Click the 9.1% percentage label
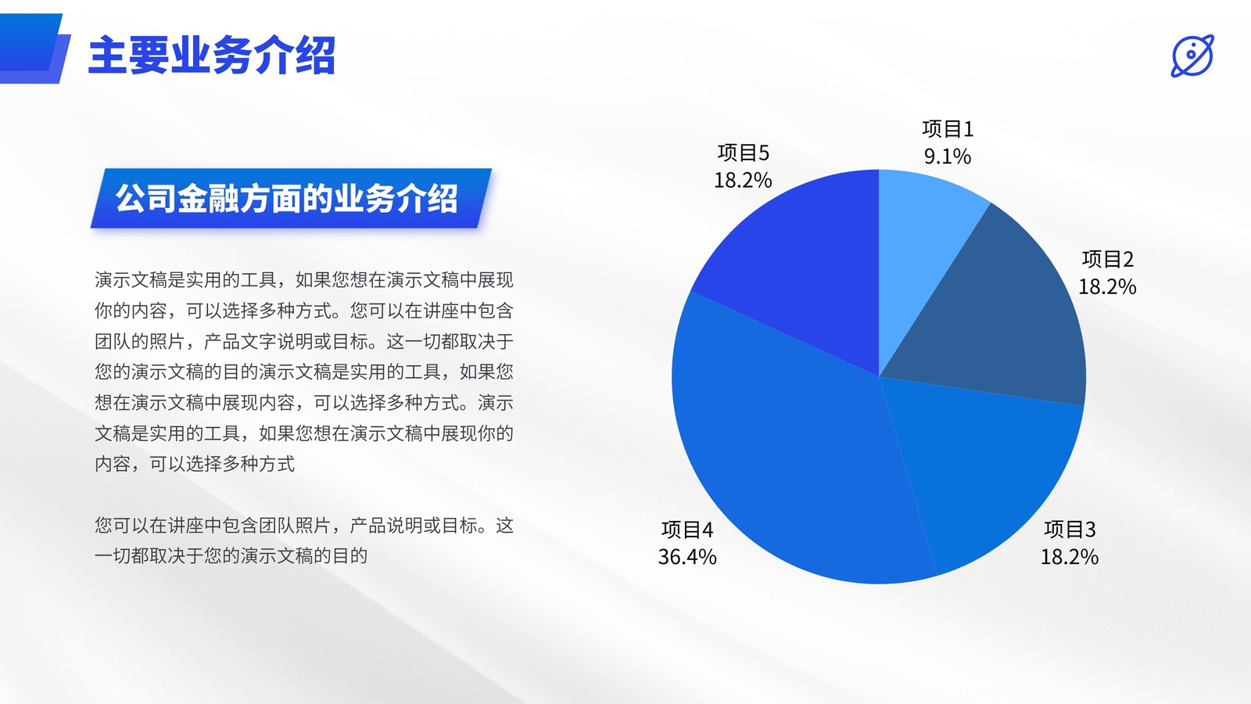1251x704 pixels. click(x=948, y=156)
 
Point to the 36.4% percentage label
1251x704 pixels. click(x=687, y=557)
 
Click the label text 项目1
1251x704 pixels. click(x=948, y=129)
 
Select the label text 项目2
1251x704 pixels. click(x=1107, y=259)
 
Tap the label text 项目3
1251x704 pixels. click(x=1070, y=530)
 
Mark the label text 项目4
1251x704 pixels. click(x=687, y=530)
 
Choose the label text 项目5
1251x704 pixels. click(x=744, y=153)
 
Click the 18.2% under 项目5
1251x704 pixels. click(x=744, y=180)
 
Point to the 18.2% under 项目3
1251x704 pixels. click(x=1070, y=557)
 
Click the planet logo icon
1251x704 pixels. click(x=1192, y=56)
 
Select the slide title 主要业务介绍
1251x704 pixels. click(x=212, y=55)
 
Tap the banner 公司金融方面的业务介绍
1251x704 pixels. click(x=291, y=199)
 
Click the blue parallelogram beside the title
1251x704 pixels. click(x=34, y=48)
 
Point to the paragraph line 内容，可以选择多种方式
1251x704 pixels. click(x=195, y=464)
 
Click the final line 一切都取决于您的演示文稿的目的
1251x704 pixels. click(x=231, y=556)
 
